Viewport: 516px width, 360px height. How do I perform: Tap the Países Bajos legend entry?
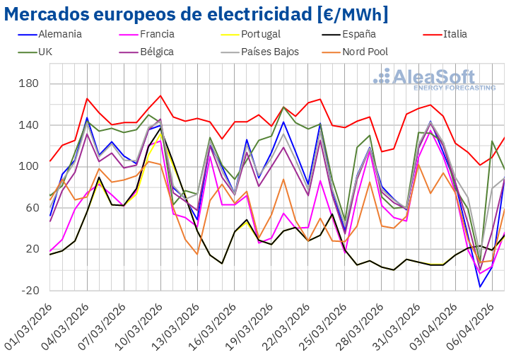click(269, 52)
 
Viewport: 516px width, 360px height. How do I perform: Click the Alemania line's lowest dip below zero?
click(480, 286)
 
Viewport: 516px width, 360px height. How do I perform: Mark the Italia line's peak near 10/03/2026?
click(160, 95)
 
